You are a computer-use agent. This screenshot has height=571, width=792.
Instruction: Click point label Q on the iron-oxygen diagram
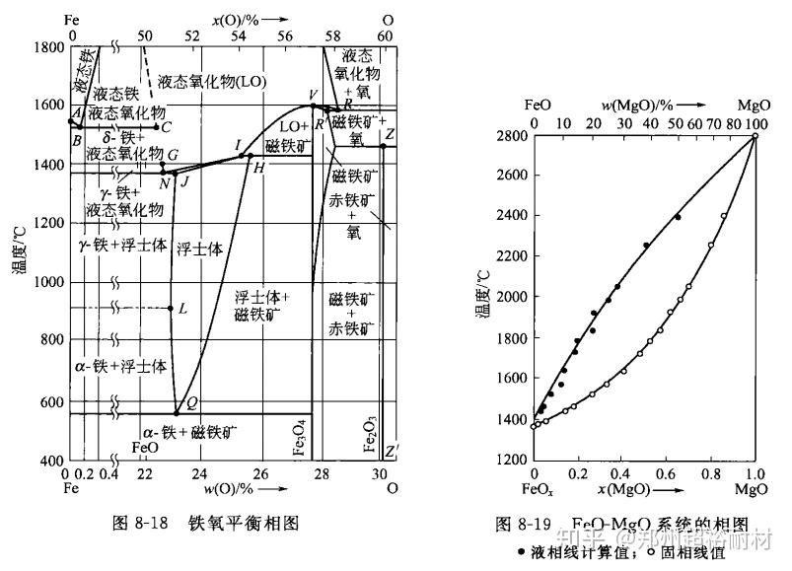(x=191, y=401)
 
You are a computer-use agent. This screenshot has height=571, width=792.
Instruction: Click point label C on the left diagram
(x=167, y=127)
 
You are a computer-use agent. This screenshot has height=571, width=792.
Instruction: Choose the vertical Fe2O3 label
(x=370, y=434)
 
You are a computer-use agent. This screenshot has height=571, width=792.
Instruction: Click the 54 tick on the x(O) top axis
(x=238, y=36)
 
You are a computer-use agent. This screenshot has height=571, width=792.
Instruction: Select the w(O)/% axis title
(x=231, y=488)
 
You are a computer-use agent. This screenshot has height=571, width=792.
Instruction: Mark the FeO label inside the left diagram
(x=145, y=447)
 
